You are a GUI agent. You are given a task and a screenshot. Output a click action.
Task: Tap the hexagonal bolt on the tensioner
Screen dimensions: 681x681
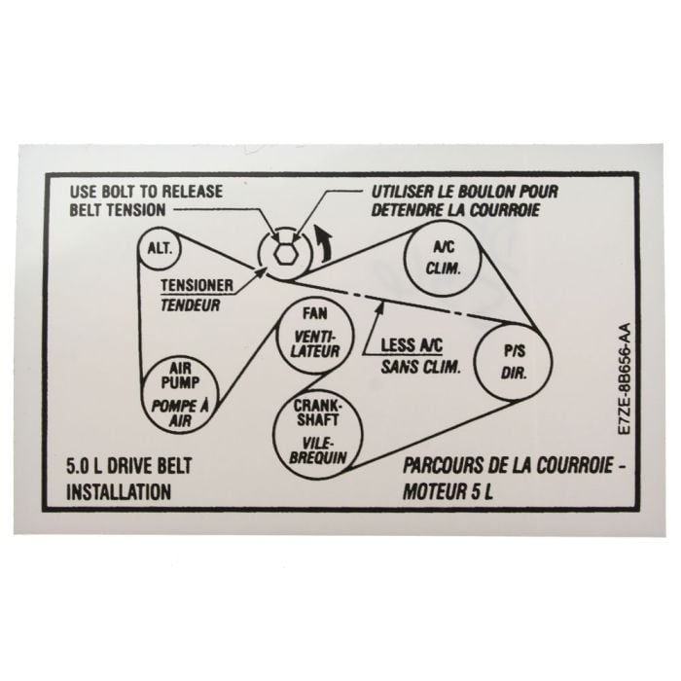point(284,252)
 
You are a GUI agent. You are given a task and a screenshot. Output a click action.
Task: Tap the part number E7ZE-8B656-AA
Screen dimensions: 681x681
point(625,378)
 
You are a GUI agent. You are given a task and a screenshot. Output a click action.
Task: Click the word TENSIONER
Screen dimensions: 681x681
point(197,285)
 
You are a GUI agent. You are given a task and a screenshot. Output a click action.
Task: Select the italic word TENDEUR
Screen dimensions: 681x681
point(191,305)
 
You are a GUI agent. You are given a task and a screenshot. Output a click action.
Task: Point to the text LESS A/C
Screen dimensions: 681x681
point(412,345)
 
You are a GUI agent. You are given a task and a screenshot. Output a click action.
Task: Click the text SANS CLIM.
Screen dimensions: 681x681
point(420,368)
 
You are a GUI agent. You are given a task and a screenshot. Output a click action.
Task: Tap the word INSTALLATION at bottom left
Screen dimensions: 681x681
point(119,492)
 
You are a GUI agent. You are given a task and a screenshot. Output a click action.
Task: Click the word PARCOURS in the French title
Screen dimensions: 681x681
point(444,466)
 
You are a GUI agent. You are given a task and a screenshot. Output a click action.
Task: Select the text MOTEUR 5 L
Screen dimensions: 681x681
point(448,492)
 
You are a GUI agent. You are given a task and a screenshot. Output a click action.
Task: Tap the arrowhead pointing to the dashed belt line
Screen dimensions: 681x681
point(379,307)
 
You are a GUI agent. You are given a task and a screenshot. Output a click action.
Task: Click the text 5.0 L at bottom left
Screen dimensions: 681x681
point(84,466)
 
